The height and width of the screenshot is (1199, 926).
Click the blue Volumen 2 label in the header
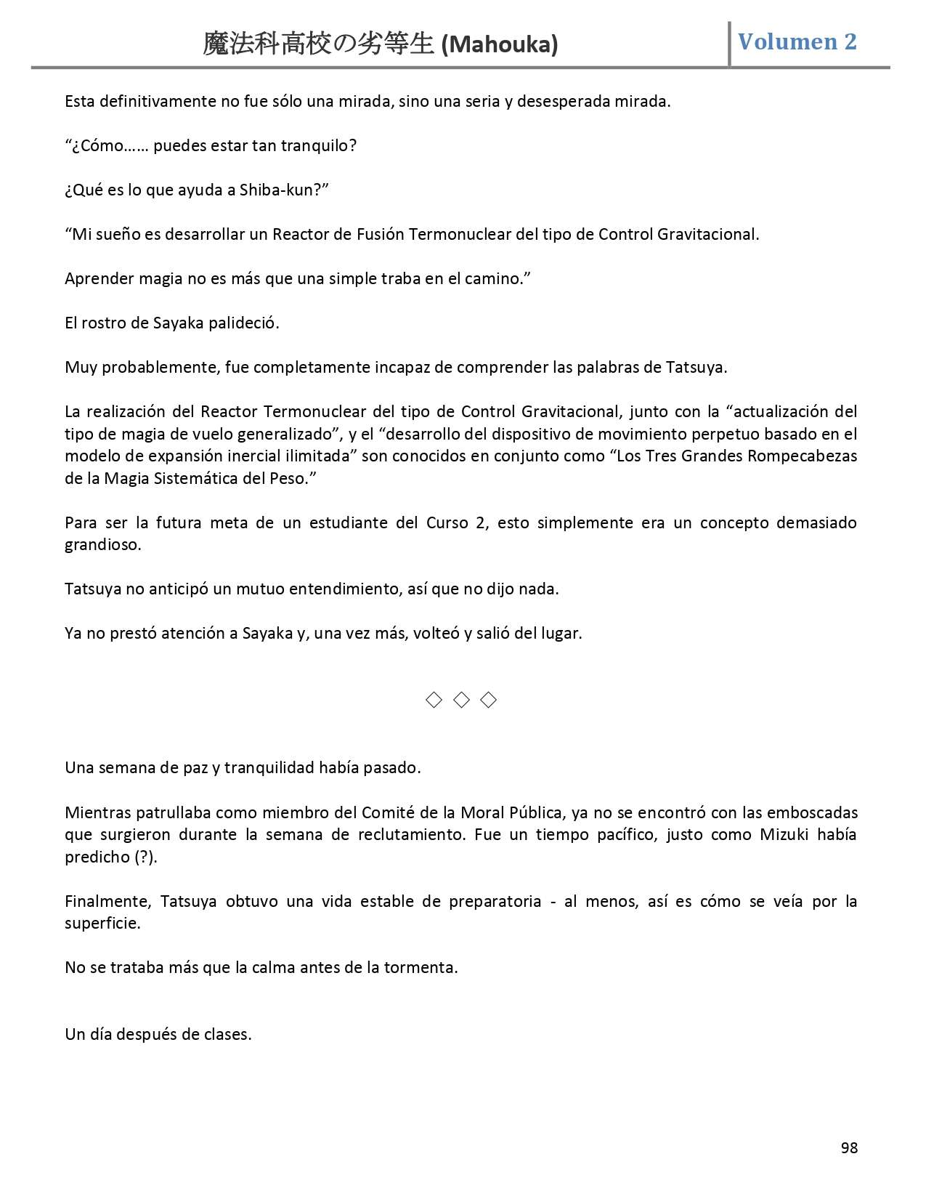pyautogui.click(x=797, y=41)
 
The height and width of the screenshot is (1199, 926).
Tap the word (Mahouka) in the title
pyautogui.click(x=500, y=45)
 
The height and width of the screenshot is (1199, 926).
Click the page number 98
pyautogui.click(x=849, y=1147)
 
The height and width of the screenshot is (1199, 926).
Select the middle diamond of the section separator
pyautogui.click(x=461, y=700)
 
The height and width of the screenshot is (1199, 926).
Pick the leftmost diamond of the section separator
pyautogui.click(x=434, y=700)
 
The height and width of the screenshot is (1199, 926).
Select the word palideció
pyautogui.click(x=243, y=323)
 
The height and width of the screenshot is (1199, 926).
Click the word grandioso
pyautogui.click(x=102, y=544)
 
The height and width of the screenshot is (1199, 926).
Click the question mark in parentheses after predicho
pyautogui.click(x=145, y=857)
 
